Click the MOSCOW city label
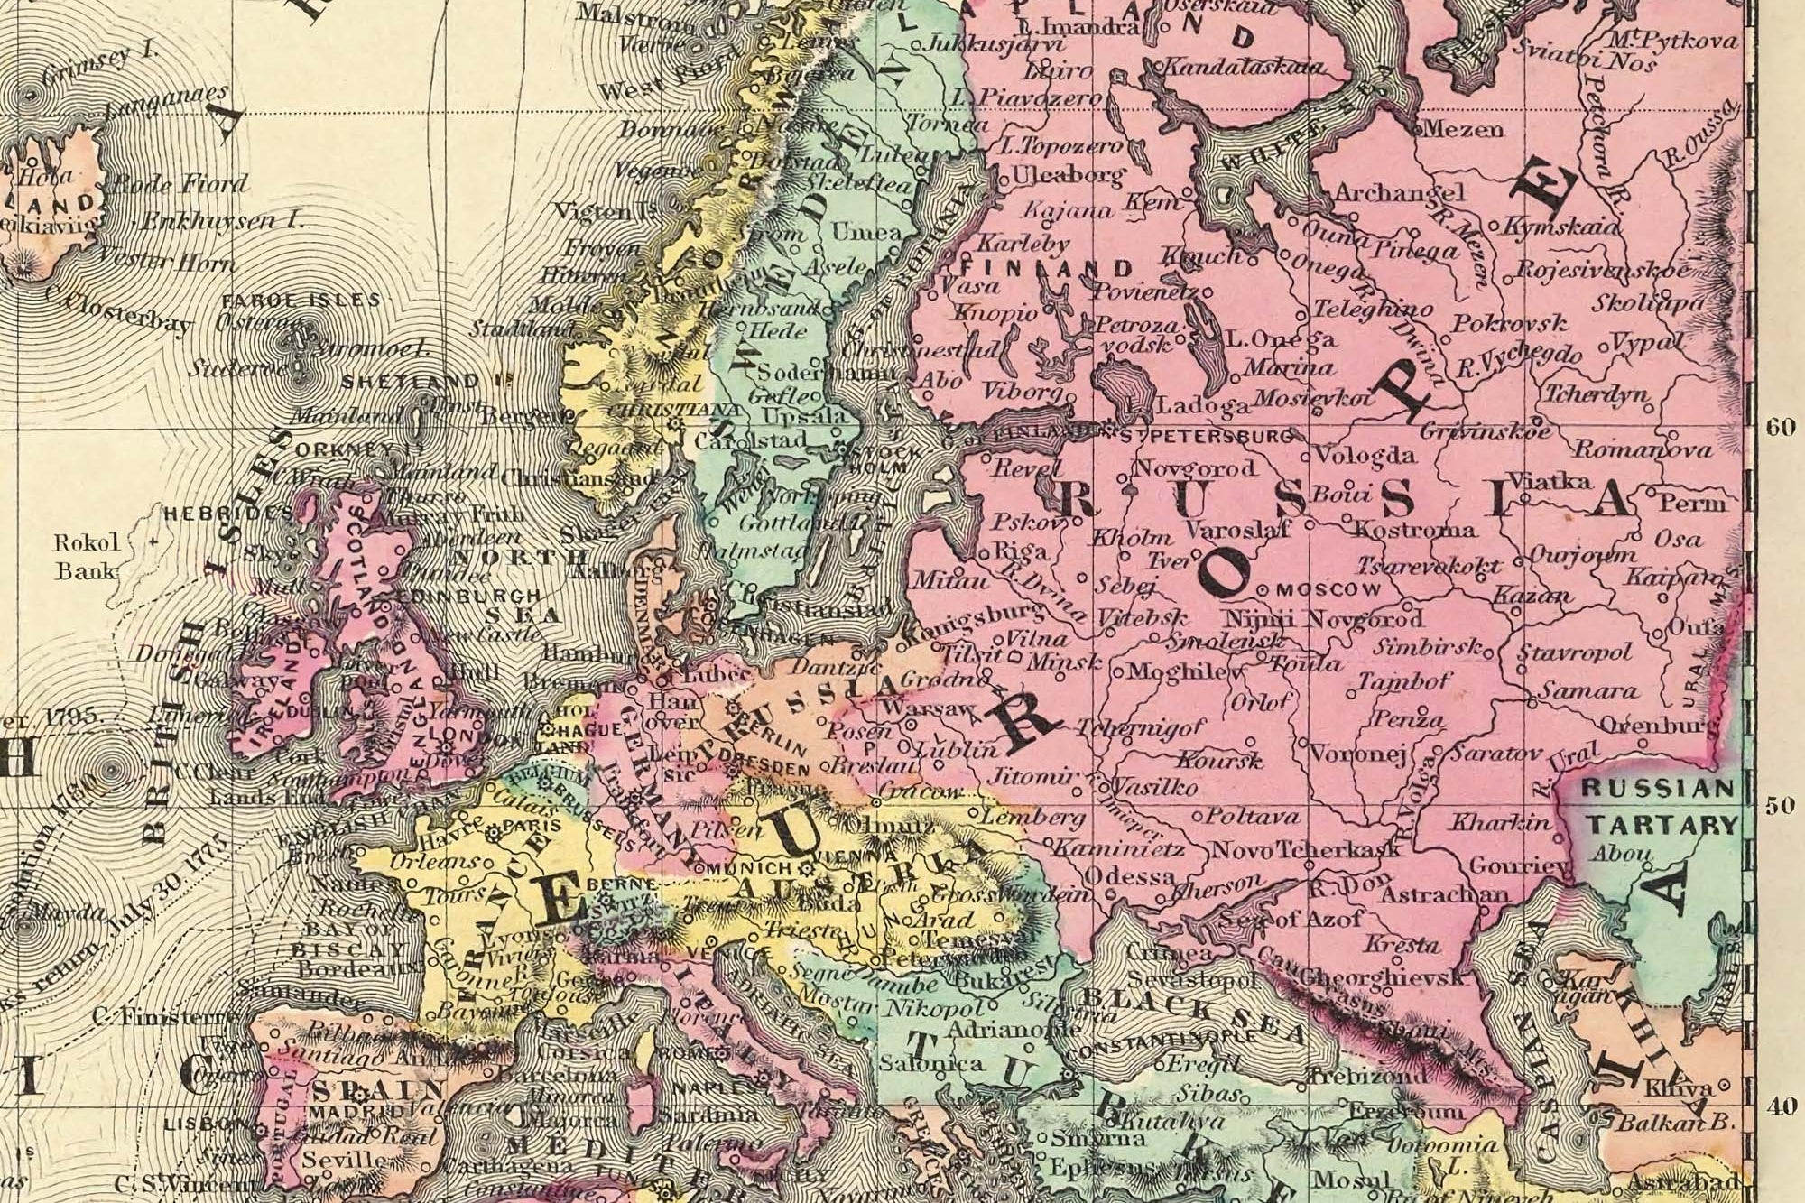(1331, 589)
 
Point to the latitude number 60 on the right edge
(1781, 428)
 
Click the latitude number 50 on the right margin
(1780, 805)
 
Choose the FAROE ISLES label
(301, 300)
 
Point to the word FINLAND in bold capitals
(1048, 268)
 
